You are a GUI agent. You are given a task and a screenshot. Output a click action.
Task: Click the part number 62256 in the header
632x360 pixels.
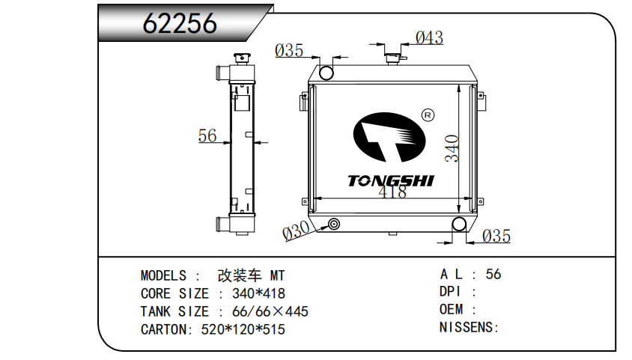click(x=180, y=23)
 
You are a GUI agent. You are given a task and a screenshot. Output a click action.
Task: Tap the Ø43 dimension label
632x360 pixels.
click(x=430, y=38)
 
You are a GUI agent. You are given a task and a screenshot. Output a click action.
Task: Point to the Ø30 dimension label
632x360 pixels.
click(x=297, y=231)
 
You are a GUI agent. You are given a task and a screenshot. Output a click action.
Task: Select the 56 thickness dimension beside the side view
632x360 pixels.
click(x=207, y=135)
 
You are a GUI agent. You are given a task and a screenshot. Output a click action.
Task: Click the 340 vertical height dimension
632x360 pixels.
click(x=452, y=149)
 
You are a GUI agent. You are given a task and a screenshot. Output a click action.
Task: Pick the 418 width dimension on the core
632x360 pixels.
click(x=392, y=192)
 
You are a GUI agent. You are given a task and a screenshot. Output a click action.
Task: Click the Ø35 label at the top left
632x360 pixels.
click(x=289, y=51)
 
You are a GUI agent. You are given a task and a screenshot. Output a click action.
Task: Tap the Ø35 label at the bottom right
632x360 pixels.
click(x=496, y=236)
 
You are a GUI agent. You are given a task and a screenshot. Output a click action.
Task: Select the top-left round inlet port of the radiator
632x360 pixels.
click(x=326, y=73)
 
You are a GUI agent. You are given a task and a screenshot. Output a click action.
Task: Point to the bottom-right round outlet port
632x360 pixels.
click(x=459, y=224)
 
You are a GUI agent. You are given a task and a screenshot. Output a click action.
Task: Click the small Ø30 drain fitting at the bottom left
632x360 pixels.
click(x=334, y=224)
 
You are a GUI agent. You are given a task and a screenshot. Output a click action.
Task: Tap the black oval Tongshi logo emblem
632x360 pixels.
click(x=389, y=137)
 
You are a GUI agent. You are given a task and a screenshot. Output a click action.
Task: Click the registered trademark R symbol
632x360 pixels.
click(x=428, y=115)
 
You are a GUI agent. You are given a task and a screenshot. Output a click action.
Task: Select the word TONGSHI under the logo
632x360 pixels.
click(x=391, y=181)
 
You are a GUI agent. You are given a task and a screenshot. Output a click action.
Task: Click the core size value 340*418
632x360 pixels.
click(x=259, y=293)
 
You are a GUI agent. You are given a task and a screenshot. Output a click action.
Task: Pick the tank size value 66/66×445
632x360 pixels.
click(x=270, y=311)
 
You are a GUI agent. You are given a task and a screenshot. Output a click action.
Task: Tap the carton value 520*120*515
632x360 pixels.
click(x=243, y=329)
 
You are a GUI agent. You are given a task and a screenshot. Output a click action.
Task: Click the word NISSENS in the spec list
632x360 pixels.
click(x=467, y=327)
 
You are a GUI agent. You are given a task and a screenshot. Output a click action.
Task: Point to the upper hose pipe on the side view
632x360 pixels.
click(x=223, y=73)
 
